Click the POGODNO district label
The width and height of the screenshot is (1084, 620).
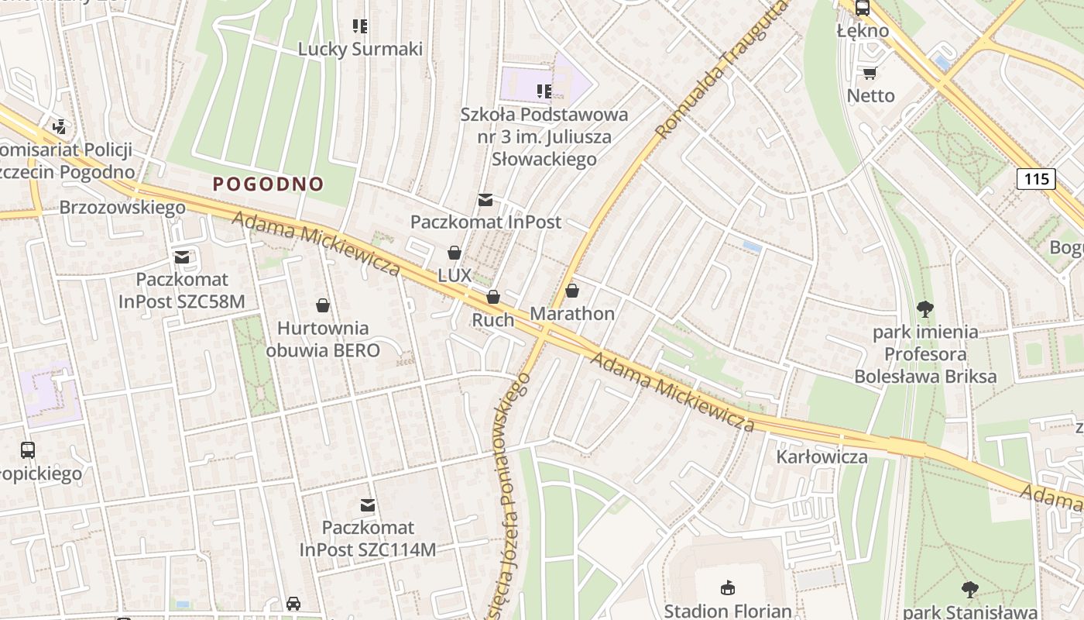(x=268, y=184)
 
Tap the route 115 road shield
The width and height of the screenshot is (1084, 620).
(x=1035, y=179)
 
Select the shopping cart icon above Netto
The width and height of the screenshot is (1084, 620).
(x=870, y=73)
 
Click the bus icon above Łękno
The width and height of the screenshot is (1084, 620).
(x=862, y=9)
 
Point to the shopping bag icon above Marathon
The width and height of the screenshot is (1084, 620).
(x=571, y=291)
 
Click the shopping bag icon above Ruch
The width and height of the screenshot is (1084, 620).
(x=492, y=297)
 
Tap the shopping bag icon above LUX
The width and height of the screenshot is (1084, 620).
(x=454, y=253)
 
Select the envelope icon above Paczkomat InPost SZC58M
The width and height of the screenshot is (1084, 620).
(x=182, y=257)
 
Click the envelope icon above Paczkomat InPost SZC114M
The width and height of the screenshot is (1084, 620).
(x=368, y=505)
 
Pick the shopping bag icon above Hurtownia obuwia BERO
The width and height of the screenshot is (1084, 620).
(x=323, y=305)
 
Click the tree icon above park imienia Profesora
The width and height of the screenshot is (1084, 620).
(x=924, y=309)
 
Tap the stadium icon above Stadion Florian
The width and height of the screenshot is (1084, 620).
(x=727, y=587)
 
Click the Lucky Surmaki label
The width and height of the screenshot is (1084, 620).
(x=360, y=49)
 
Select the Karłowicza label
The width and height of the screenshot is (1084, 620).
(x=822, y=456)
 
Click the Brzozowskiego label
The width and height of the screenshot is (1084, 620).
(x=122, y=208)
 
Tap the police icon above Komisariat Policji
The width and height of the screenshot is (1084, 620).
(x=59, y=126)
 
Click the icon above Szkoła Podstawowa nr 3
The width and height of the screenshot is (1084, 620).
(x=544, y=91)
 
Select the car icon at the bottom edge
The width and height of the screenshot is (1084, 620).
(x=293, y=603)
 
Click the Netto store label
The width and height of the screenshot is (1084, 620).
(x=870, y=95)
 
